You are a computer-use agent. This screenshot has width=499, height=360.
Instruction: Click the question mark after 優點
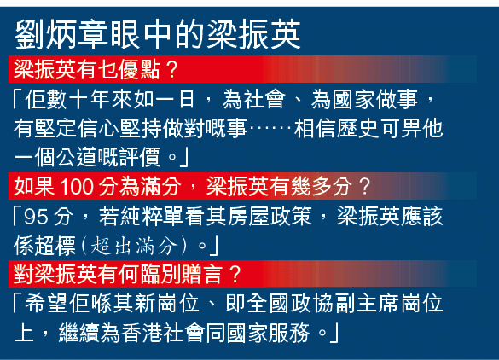point(171,70)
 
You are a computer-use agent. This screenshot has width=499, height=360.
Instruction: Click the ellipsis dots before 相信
point(270,129)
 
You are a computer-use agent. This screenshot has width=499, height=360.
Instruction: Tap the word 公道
point(77,158)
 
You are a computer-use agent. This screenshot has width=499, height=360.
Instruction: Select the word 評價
point(139,158)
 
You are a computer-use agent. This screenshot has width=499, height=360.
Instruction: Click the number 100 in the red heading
point(76,187)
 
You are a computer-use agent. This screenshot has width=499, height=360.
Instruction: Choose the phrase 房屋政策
point(270,217)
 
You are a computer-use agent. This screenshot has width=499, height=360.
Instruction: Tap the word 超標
point(55,246)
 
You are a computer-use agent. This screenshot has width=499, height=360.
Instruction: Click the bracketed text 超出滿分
point(134,247)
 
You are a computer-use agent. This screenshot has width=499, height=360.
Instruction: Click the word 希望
point(46,304)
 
